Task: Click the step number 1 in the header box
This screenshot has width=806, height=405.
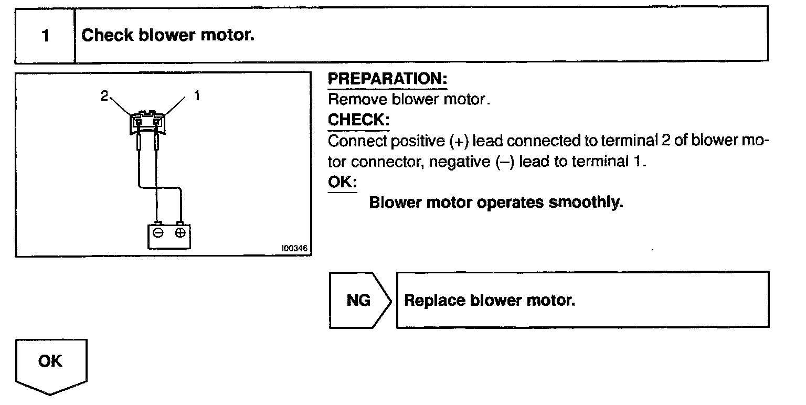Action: pos(45,36)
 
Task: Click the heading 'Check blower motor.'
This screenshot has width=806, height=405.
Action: pos(168,36)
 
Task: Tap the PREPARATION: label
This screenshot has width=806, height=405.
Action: pos(387,80)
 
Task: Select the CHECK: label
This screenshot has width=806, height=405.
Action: pos(358,120)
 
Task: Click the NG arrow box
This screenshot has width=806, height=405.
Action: pos(359,300)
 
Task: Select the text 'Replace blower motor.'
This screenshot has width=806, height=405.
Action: pos(490,301)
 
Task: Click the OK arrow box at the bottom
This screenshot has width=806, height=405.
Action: pos(51,364)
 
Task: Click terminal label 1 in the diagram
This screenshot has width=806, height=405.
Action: pos(197,96)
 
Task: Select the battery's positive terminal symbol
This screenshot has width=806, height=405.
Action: pos(180,232)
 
